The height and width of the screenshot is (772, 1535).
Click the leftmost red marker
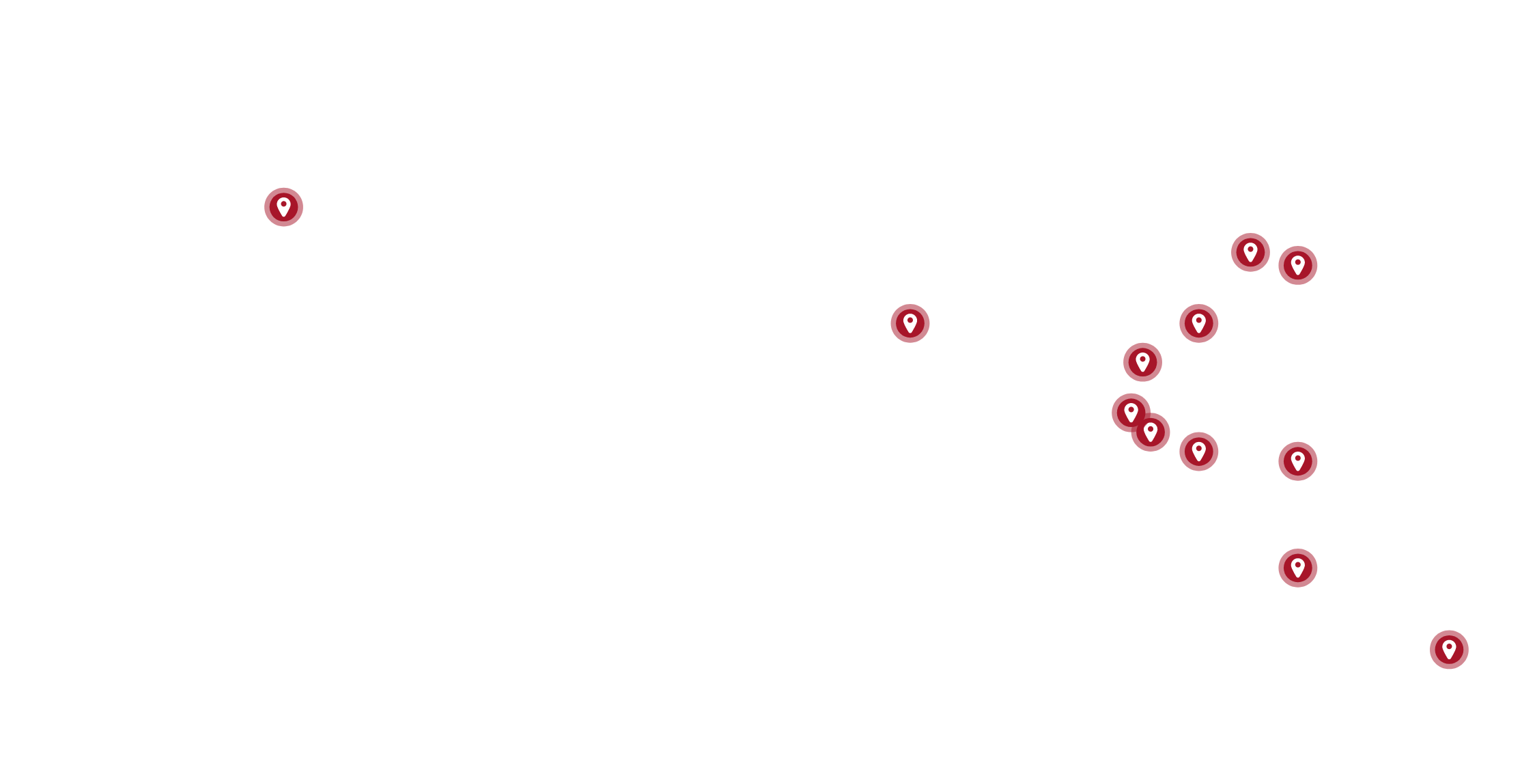(x=283, y=207)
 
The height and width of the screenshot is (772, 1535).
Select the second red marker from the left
(x=910, y=323)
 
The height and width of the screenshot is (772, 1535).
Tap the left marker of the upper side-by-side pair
(x=1250, y=252)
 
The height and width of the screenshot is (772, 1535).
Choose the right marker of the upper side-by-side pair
(x=1297, y=265)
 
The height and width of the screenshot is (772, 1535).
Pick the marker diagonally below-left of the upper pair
(x=1198, y=323)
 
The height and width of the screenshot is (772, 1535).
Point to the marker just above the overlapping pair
(x=1142, y=362)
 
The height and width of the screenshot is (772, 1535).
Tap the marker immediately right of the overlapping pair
(x=1198, y=452)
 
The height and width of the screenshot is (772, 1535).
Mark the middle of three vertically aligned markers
(x=1297, y=461)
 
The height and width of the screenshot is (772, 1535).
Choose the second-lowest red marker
(x=1297, y=568)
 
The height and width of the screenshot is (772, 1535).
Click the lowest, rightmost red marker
(x=1449, y=649)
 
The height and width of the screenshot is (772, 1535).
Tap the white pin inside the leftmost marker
(x=283, y=206)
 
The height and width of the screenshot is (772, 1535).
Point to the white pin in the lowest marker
(x=1449, y=648)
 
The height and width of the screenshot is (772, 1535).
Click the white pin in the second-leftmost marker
(x=910, y=322)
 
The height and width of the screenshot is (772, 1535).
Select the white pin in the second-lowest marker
(x=1297, y=567)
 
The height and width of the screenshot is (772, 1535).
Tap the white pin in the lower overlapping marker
(x=1151, y=431)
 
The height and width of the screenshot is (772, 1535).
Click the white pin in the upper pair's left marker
(x=1250, y=251)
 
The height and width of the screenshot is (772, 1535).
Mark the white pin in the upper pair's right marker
(x=1297, y=264)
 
